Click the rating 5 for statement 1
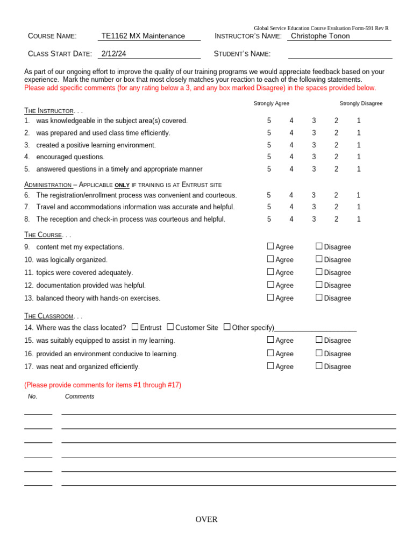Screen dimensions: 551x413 click(269, 121)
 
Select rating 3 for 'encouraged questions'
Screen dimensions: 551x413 click(314, 157)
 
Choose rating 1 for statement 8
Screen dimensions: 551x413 click(359, 220)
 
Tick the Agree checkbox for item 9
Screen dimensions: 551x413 click(270, 246)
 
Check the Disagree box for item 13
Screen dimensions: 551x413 click(319, 298)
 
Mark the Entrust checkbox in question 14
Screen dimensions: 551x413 click(135, 327)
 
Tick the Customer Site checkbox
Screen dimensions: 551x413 click(170, 327)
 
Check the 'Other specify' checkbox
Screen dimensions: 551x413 click(227, 327)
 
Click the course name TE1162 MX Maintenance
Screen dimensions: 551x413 click(143, 36)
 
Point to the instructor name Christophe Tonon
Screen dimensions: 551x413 click(320, 36)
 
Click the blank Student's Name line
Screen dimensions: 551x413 click(340, 54)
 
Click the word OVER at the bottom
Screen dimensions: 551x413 click(206, 520)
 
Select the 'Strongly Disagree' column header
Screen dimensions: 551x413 click(361, 103)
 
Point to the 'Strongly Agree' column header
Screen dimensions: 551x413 click(272, 103)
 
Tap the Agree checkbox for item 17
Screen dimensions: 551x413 click(270, 366)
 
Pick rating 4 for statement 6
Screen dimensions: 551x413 click(291, 195)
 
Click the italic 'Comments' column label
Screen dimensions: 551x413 click(80, 397)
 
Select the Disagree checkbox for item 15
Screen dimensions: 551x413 click(319, 340)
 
